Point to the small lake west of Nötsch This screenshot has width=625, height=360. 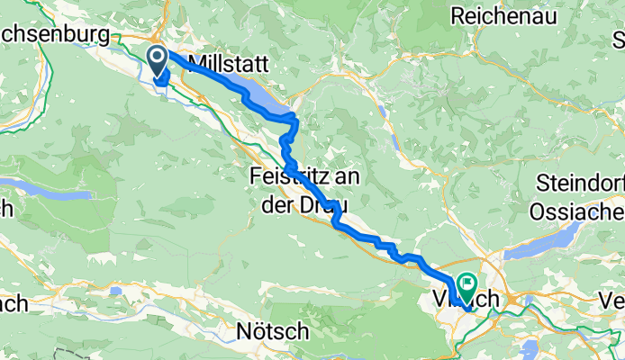116,292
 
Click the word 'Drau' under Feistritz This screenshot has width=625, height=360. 323,202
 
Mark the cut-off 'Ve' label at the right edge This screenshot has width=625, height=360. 613,301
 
